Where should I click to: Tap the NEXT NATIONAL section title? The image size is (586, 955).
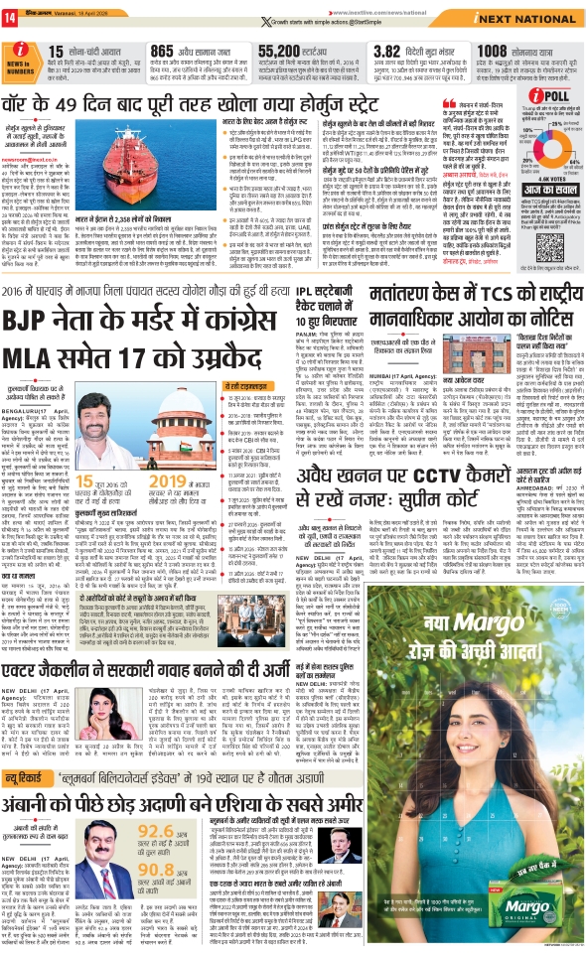point(527,19)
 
